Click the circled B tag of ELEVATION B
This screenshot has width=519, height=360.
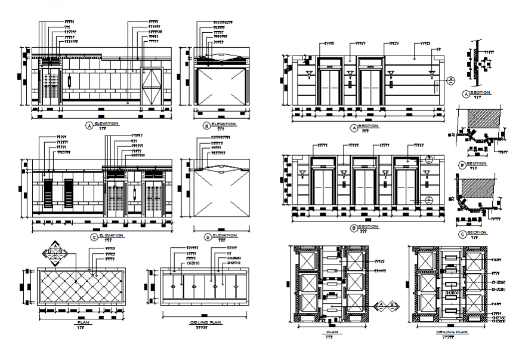(206, 125)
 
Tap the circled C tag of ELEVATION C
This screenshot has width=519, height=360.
(95, 236)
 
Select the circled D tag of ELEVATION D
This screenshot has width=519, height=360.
(206, 236)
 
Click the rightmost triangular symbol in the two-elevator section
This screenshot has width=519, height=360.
(431, 74)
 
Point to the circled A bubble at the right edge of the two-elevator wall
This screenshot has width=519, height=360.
(451, 79)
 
